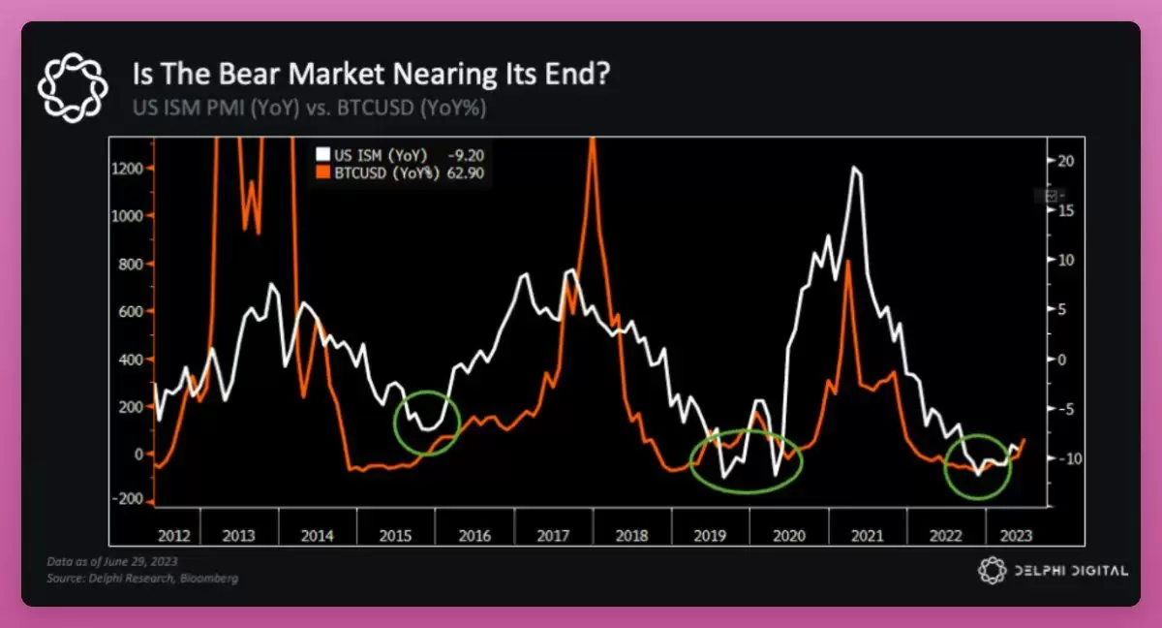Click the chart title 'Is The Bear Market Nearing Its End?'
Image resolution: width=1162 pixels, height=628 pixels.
[371, 75]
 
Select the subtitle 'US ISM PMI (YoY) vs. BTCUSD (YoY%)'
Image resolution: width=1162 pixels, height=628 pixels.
[309, 107]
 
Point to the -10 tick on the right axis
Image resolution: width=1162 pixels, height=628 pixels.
[1065, 458]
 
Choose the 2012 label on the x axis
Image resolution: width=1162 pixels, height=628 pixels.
[173, 535]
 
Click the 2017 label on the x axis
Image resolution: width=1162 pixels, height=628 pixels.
[553, 535]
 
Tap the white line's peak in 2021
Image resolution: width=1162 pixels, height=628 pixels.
[854, 169]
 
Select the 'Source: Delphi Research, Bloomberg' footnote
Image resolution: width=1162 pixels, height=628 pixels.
[141, 579]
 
